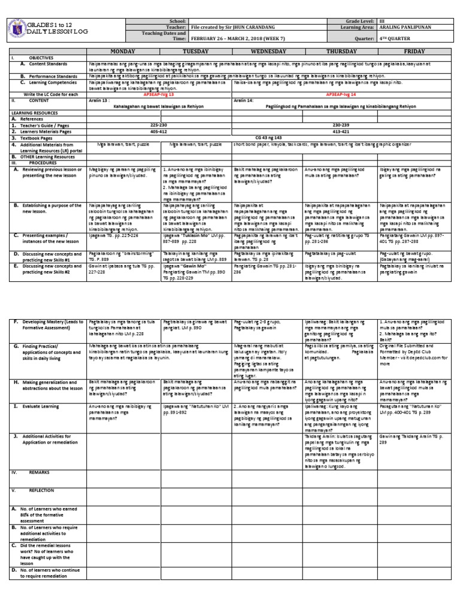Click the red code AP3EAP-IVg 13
[x=159, y=95]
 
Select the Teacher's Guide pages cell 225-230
[x=159, y=125]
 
